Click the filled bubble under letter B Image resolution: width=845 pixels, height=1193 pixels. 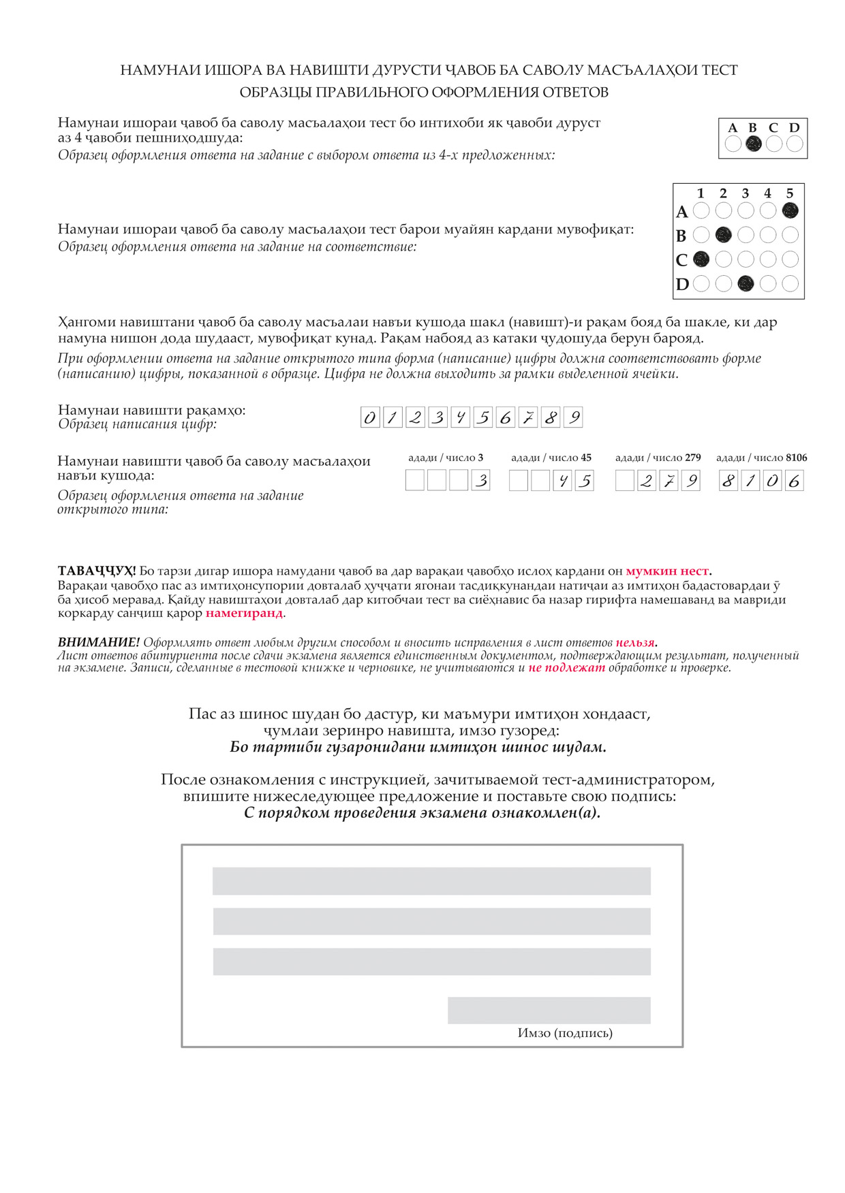753,144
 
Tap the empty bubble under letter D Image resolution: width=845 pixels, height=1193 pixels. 794,144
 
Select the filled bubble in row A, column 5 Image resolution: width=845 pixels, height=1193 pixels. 790,210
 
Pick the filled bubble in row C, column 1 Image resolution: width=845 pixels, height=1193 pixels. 701,259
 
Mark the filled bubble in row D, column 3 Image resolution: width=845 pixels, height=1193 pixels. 746,283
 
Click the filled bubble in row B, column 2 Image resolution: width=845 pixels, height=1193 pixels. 723,235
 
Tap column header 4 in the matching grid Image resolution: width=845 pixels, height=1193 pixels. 767,193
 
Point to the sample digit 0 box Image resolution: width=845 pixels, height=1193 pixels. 369,417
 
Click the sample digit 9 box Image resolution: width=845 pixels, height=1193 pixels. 574,417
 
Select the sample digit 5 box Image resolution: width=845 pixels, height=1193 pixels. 482,417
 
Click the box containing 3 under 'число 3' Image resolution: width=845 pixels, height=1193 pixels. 480,481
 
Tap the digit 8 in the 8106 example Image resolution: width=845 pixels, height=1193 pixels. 728,481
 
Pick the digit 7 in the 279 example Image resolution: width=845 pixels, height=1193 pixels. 669,481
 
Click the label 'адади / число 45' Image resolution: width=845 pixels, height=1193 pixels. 551,458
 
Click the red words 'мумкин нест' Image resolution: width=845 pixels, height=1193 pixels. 667,571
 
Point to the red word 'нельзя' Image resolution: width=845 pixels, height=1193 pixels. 635,643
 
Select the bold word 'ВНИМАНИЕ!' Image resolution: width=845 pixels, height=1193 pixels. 99,643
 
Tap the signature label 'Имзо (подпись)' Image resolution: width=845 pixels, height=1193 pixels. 565,1033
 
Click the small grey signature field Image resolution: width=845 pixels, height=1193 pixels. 549,1011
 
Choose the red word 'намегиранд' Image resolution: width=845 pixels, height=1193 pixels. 244,613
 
